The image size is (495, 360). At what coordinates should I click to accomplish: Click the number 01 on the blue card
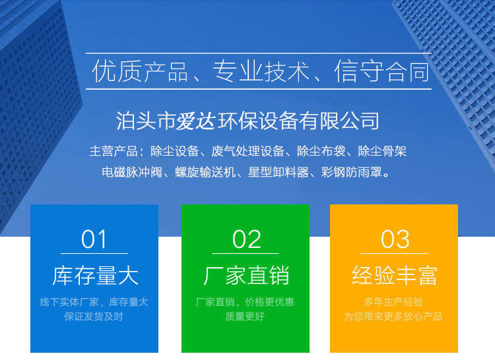pyautogui.click(x=94, y=239)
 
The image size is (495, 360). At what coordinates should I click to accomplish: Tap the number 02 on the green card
pyautogui.click(x=247, y=239)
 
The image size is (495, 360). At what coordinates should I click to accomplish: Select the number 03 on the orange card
pyautogui.click(x=395, y=239)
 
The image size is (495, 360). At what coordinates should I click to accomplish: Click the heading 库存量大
pyautogui.click(x=95, y=276)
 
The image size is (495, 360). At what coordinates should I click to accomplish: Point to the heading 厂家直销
pyautogui.click(x=246, y=276)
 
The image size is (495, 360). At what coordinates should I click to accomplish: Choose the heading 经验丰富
pyautogui.click(x=394, y=276)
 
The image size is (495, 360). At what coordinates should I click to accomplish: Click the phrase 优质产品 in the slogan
pyautogui.click(x=140, y=72)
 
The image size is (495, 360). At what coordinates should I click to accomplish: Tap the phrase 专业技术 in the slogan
pyautogui.click(x=261, y=72)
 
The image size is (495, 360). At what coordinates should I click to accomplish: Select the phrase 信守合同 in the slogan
pyautogui.click(x=382, y=72)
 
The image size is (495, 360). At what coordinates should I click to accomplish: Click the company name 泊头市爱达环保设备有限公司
pyautogui.click(x=247, y=121)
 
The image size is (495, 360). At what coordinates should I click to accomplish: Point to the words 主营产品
pyautogui.click(x=114, y=151)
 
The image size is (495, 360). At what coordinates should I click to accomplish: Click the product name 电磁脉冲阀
pyautogui.click(x=132, y=173)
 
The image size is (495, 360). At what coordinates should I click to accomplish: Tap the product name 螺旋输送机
pyautogui.click(x=205, y=173)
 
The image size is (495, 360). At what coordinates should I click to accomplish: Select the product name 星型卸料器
pyautogui.click(x=278, y=173)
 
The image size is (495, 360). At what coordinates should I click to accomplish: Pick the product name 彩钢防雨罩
pyautogui.click(x=351, y=173)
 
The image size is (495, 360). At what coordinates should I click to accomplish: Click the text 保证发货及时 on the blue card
pyautogui.click(x=94, y=316)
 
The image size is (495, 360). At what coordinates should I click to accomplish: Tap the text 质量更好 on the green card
pyautogui.click(x=245, y=316)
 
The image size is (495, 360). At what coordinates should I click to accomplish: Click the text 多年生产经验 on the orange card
pyautogui.click(x=393, y=302)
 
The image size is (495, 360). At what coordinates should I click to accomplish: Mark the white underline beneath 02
pyautogui.click(x=246, y=253)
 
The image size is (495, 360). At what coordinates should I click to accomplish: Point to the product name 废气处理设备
pyautogui.click(x=247, y=151)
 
